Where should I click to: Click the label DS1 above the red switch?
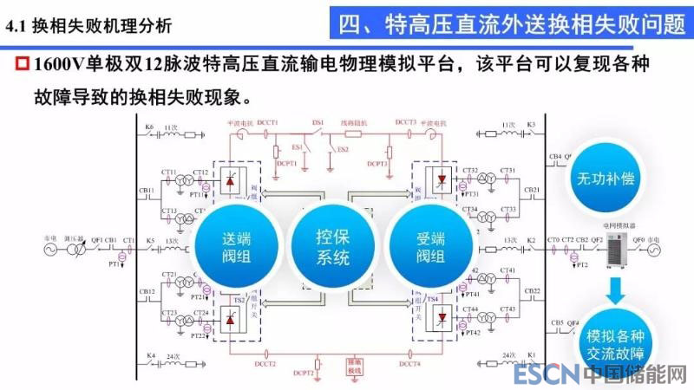point(318,123)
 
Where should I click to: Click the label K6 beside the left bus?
point(149,127)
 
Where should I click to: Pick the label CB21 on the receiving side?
point(533,190)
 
